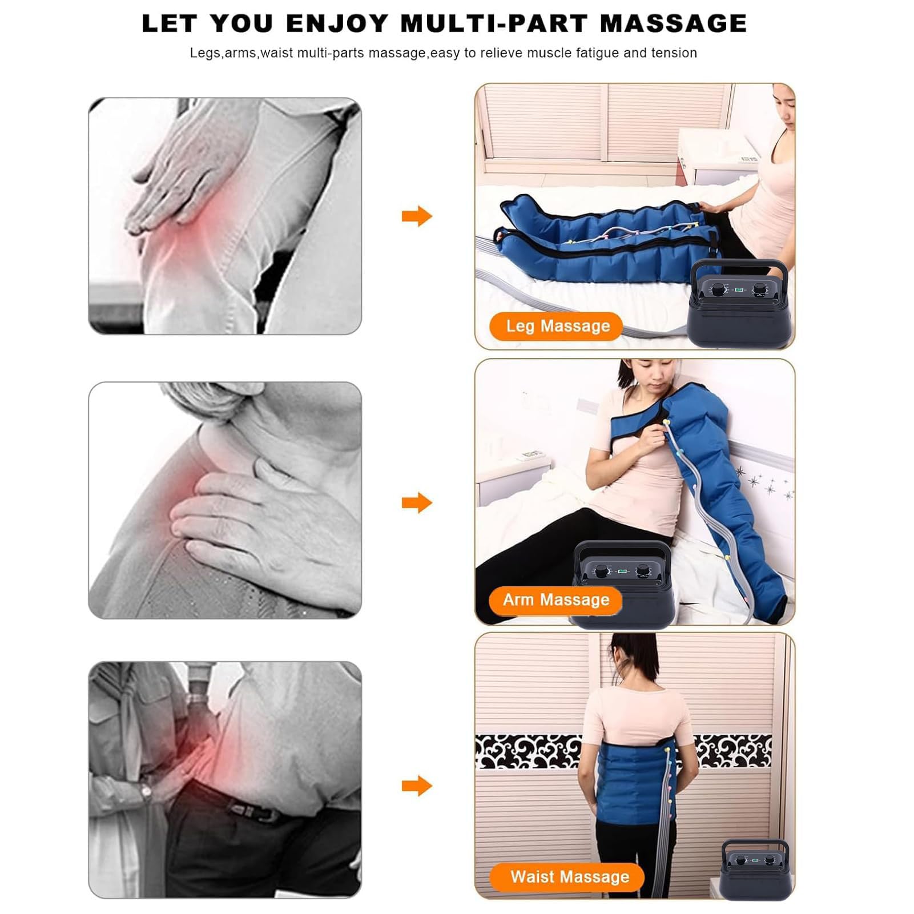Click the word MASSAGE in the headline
(674, 24)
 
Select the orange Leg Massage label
(556, 326)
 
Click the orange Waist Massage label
(567, 877)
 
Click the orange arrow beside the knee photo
(417, 216)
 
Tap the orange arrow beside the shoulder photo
(417, 503)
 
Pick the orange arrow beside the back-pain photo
(417, 786)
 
